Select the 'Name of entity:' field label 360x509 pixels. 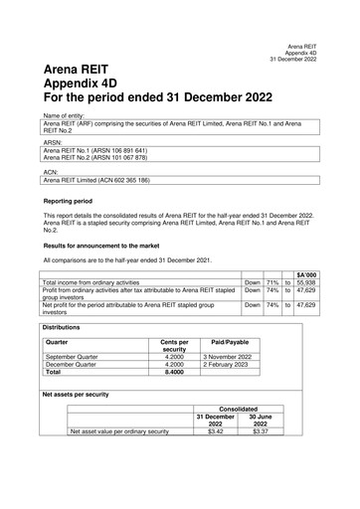click(x=65, y=115)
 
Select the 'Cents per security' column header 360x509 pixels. click(x=175, y=345)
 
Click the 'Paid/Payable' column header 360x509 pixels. click(x=230, y=341)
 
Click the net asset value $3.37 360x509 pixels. click(x=261, y=432)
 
